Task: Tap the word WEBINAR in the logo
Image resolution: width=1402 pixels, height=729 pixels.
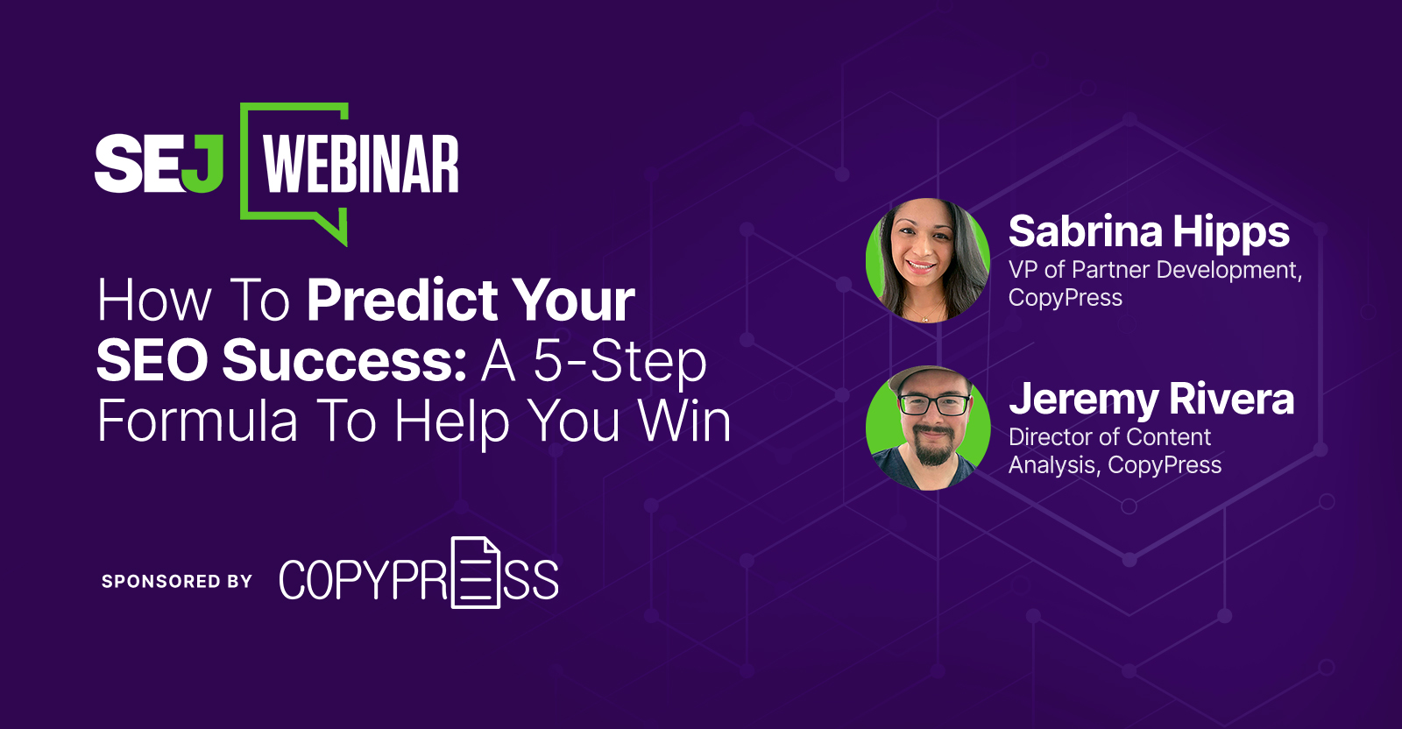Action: point(361,164)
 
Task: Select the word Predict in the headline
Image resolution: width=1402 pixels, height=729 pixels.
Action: point(402,301)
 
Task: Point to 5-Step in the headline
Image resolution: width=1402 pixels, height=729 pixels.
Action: point(620,363)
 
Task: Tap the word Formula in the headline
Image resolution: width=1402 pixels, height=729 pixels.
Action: point(197,421)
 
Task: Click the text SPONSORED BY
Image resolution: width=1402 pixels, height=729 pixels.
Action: point(176,581)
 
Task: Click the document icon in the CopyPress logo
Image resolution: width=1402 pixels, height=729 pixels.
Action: point(476,572)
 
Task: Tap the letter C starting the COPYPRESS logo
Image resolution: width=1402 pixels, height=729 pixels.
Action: point(291,579)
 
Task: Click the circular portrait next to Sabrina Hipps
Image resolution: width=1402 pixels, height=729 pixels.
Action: point(928,260)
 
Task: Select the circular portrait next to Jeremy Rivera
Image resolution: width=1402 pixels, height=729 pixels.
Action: point(928,428)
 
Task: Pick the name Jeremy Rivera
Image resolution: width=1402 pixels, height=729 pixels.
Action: point(1151,400)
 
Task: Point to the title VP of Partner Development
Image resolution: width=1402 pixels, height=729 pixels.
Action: point(1156,271)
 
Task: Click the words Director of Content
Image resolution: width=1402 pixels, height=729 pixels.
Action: point(1109,436)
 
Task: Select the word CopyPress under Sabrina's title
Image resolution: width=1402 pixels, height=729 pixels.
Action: point(1066,298)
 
